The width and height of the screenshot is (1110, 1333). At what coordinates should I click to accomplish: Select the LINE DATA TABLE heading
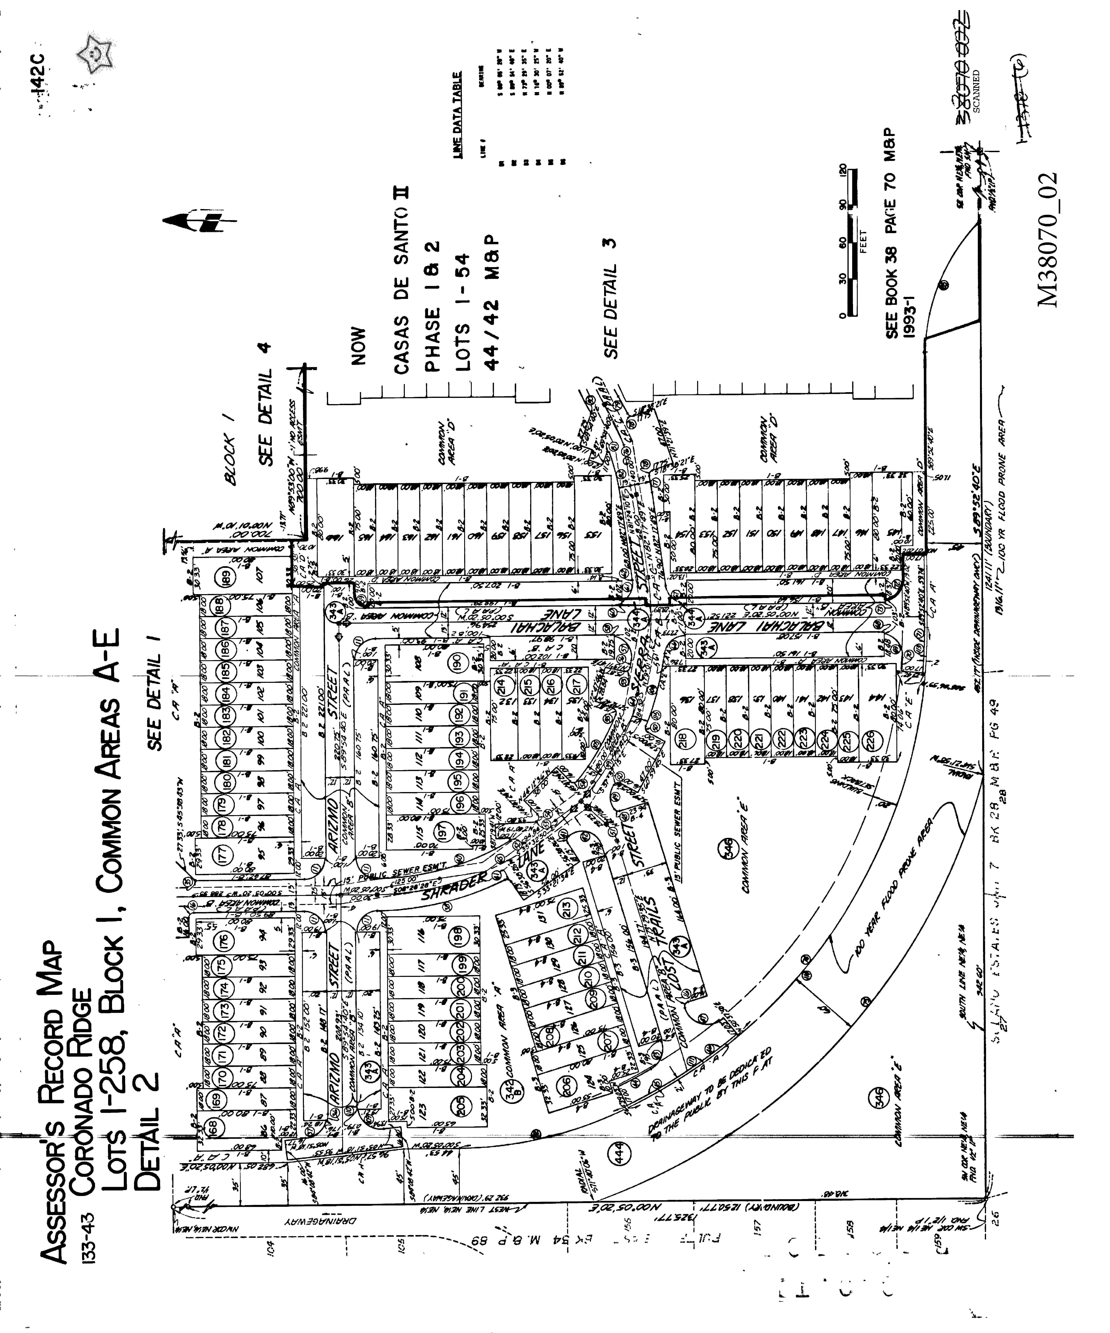coord(452,114)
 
